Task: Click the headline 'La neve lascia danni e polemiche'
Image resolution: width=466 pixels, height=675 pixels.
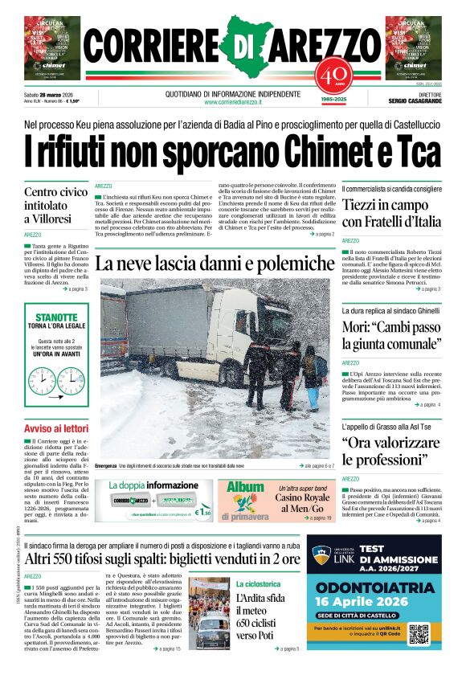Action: coord(215,264)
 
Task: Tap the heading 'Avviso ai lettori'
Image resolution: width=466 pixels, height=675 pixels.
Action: coord(55,428)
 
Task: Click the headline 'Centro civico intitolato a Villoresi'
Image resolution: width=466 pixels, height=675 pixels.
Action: coord(55,205)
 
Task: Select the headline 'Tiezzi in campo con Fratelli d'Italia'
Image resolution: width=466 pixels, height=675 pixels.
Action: coord(391,214)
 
